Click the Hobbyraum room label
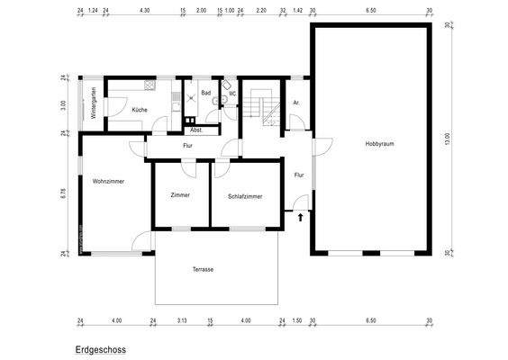379,144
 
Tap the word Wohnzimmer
108,181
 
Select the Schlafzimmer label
245,195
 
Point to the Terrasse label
203,269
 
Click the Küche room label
140,110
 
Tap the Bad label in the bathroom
205,92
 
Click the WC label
231,92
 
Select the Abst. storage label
195,130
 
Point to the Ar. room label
295,103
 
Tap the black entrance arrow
300,216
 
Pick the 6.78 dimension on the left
64,193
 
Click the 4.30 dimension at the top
145,10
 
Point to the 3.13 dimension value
181,320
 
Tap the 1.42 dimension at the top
298,10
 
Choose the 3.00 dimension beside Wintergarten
64,104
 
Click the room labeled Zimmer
180,195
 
